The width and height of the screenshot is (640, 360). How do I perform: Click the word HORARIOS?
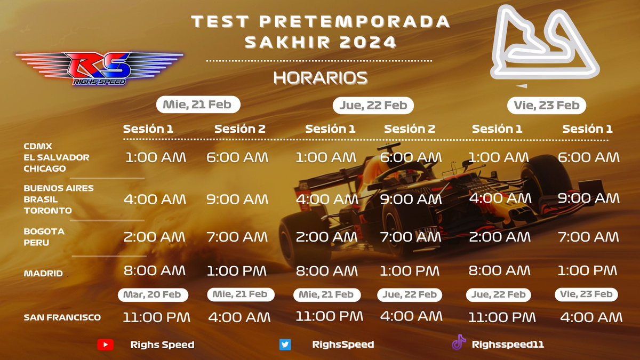(320, 78)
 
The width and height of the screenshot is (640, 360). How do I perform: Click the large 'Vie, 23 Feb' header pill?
(547, 105)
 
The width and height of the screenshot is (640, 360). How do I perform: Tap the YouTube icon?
(105, 345)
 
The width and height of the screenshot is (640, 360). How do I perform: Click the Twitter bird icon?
(285, 345)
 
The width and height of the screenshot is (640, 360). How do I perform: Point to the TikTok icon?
(459, 343)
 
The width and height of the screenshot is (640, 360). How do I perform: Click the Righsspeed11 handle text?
(507, 345)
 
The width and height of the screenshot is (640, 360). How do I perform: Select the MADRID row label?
(44, 274)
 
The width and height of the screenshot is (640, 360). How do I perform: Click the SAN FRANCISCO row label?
(62, 317)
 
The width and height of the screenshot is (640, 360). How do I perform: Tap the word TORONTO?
(48, 210)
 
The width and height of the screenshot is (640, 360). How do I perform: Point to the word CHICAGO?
(45, 169)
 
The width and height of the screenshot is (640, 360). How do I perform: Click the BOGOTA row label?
(44, 231)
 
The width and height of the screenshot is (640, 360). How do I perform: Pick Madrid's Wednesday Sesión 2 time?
(236, 271)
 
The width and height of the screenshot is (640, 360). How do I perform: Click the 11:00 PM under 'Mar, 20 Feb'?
(156, 317)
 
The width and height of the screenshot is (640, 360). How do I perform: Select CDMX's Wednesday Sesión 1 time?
(156, 157)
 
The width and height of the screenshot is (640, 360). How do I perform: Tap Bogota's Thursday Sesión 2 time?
(410, 236)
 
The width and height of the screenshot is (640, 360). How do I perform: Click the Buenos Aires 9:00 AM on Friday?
(588, 198)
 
